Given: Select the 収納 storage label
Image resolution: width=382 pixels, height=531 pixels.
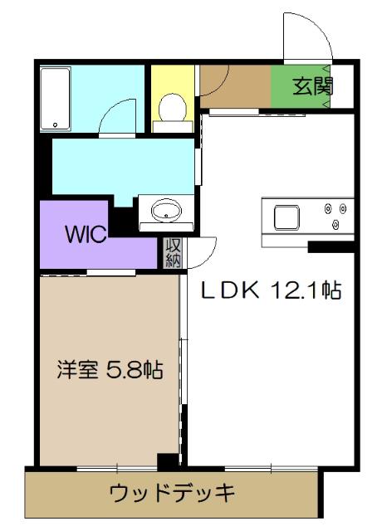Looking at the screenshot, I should [x=173, y=252].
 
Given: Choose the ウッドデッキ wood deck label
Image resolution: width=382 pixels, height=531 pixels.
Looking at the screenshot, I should [x=173, y=492].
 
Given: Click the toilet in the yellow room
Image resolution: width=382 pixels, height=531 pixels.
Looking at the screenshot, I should [x=172, y=107].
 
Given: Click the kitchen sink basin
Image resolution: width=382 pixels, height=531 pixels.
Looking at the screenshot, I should [x=287, y=217].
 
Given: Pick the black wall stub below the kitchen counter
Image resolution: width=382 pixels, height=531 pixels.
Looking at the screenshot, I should [x=331, y=246].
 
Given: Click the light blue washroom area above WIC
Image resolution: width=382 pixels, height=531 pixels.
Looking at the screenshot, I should [x=116, y=166].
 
